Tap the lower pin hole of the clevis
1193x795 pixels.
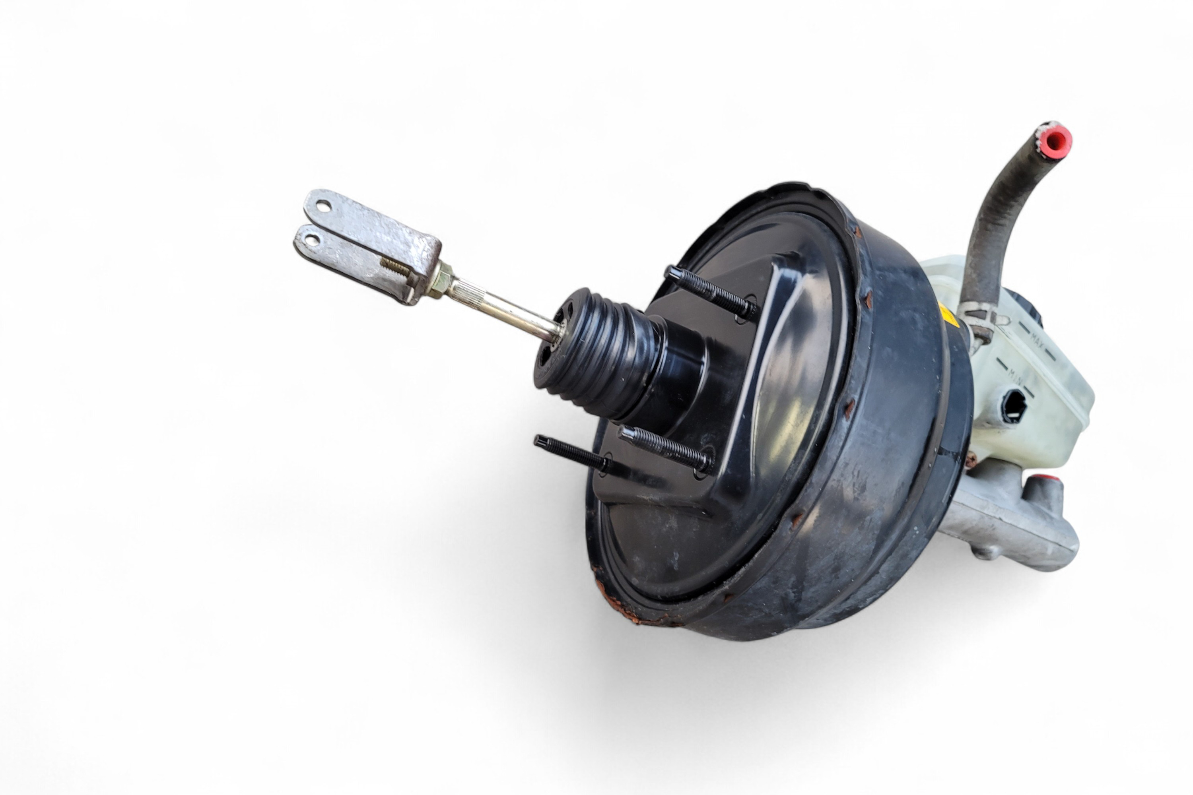pyautogui.click(x=311, y=239)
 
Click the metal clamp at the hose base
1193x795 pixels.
pyautogui.click(x=976, y=320)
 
